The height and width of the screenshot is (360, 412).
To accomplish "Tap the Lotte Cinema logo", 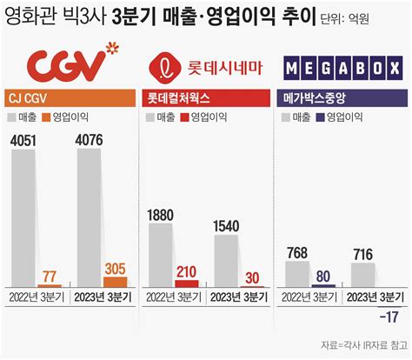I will click(x=206, y=65).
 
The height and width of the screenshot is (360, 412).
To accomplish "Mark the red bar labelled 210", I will click(x=186, y=283).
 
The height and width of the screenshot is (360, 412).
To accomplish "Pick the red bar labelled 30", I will click(x=252, y=285).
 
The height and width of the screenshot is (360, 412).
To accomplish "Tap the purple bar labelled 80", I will click(x=323, y=284).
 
